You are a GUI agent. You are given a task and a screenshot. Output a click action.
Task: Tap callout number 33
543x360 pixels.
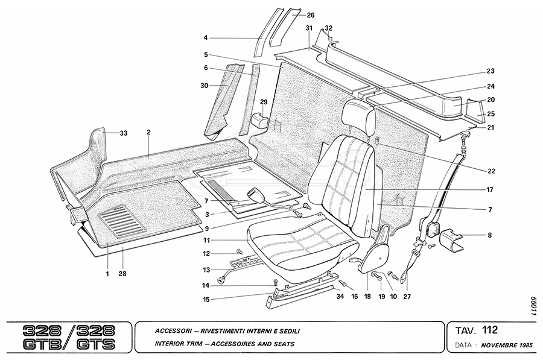click(x=124, y=133)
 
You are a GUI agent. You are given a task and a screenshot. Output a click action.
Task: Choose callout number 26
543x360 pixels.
click(x=311, y=14)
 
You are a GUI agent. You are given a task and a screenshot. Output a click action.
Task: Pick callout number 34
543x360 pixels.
click(x=340, y=297)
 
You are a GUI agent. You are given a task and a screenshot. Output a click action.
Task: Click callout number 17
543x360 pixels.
click(x=491, y=189)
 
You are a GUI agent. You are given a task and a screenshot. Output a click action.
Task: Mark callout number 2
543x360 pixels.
click(x=148, y=132)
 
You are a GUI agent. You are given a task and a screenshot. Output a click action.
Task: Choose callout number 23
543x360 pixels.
click(x=491, y=71)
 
